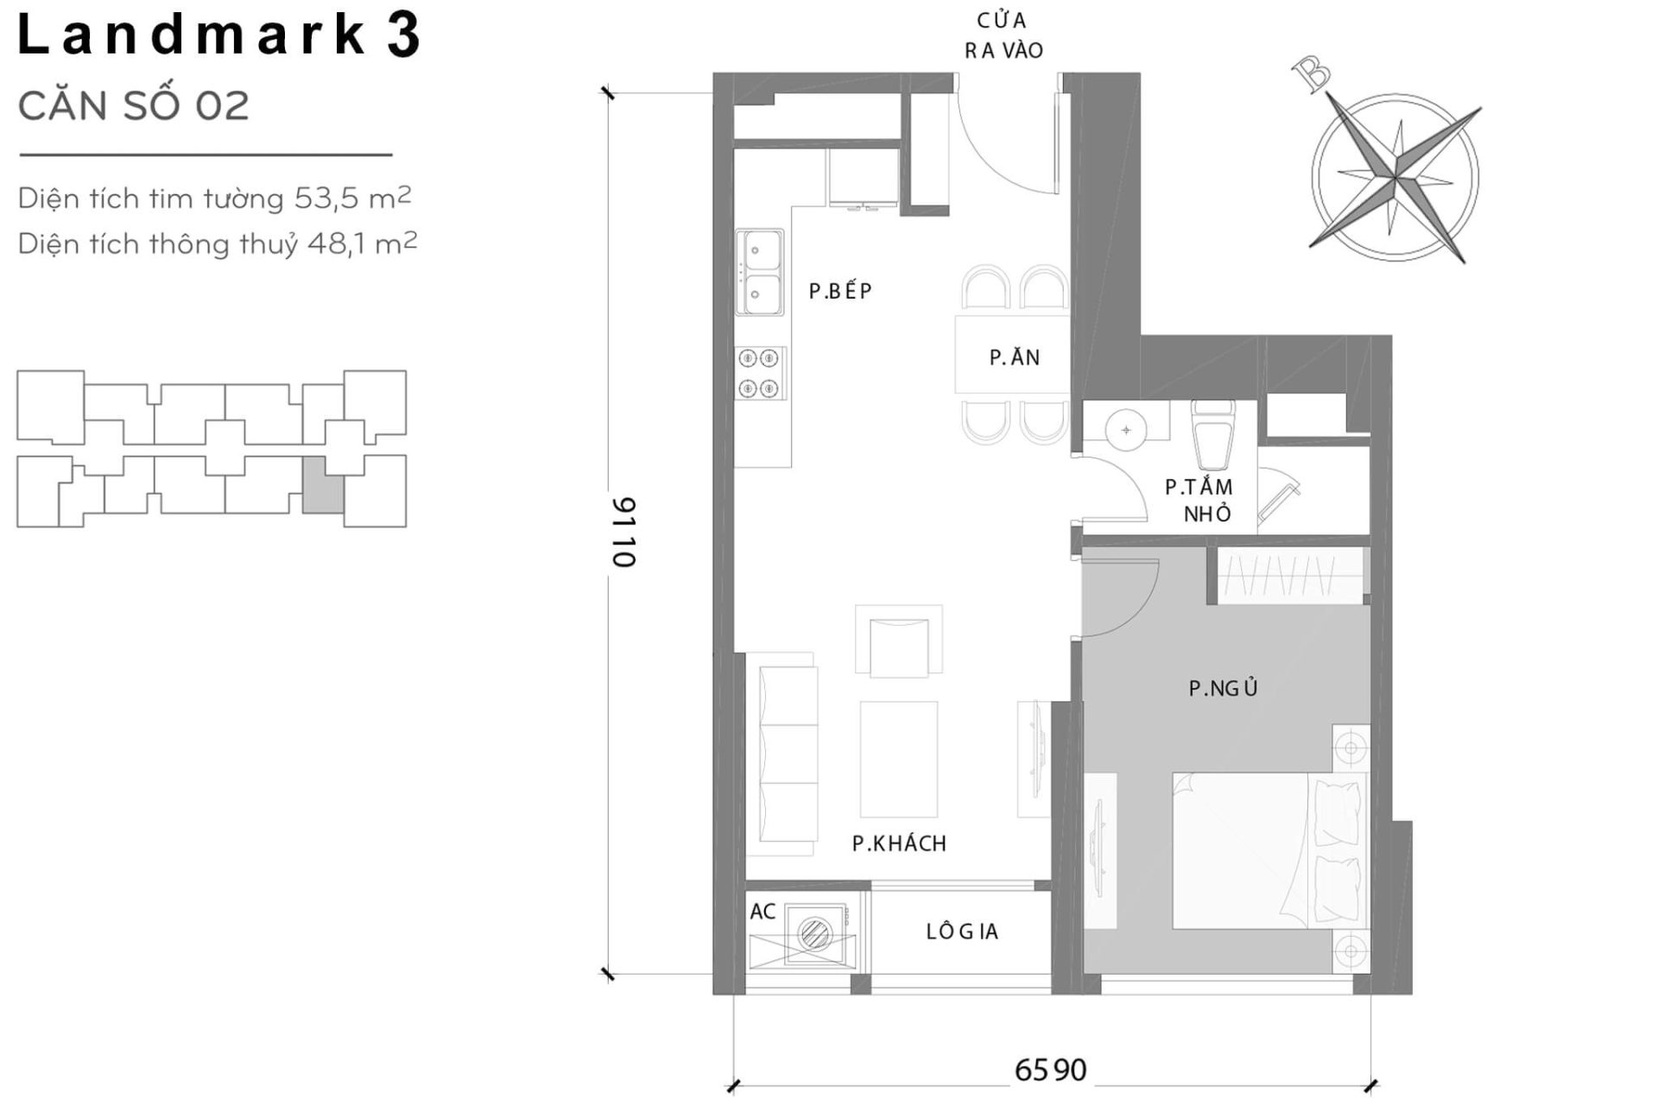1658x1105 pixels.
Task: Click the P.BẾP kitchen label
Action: coord(840,291)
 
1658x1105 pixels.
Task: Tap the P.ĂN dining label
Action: coord(1014,357)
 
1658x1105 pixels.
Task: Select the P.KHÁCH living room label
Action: coord(899,843)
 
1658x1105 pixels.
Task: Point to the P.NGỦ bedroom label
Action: coord(1223,688)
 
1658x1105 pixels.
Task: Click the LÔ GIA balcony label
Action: coord(962,931)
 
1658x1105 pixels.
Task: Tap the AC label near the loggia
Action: coord(763,912)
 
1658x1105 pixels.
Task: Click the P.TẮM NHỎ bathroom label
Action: coord(1199,501)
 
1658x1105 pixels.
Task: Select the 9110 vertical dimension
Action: coord(623,532)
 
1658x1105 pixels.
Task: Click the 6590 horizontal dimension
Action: coord(1050,1070)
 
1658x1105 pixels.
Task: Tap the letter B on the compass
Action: coord(1313,76)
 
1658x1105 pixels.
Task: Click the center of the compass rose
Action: coord(1395,178)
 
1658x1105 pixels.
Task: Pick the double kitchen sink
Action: coord(760,272)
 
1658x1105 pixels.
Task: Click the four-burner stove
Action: coord(760,373)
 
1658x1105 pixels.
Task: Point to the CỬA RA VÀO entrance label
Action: coord(1003,35)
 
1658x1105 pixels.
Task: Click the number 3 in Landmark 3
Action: coord(402,35)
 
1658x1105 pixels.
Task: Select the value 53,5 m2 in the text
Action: coord(352,199)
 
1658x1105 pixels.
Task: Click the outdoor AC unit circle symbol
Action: coord(814,932)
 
